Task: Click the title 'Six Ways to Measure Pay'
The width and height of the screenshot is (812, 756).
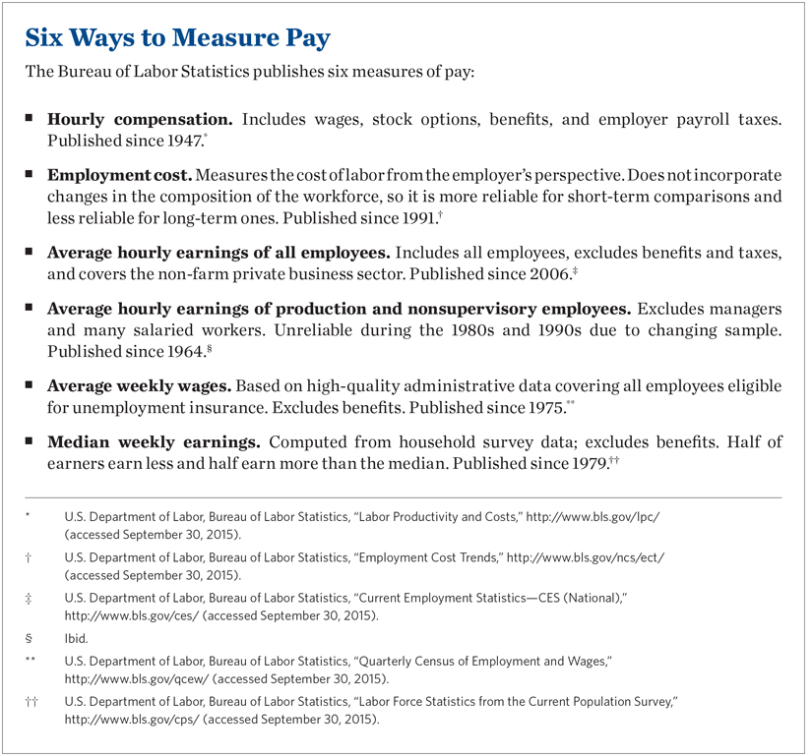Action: tap(177, 39)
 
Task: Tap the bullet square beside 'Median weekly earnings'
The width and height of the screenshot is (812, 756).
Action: tap(31, 438)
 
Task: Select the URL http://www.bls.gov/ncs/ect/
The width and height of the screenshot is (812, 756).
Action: tap(585, 556)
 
